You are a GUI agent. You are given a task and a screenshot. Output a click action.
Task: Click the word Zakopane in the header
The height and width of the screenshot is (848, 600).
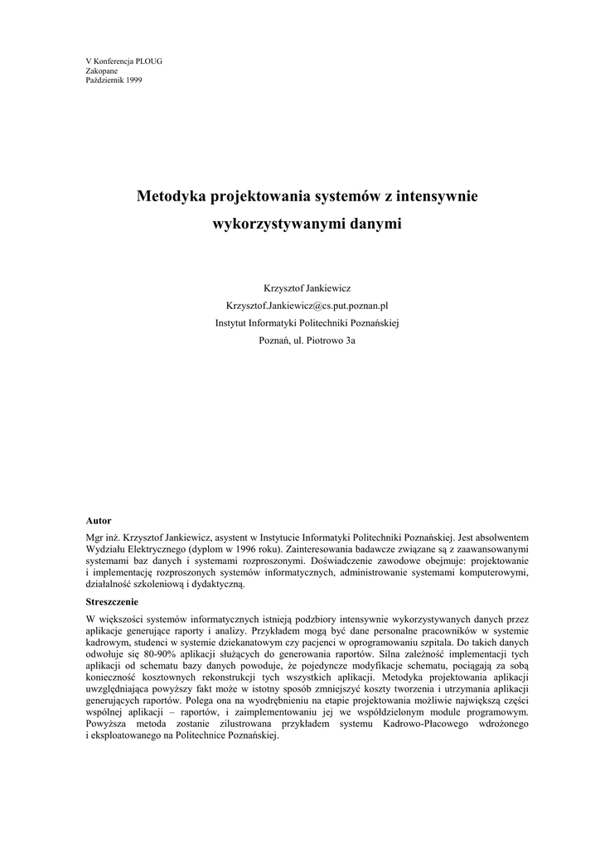[102, 71]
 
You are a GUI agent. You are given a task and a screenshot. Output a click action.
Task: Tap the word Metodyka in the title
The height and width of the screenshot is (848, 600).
[172, 197]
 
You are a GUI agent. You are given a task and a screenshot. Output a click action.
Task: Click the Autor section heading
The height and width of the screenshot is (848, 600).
[99, 521]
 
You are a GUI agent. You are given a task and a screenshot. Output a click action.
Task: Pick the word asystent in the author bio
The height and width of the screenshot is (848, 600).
[232, 536]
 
